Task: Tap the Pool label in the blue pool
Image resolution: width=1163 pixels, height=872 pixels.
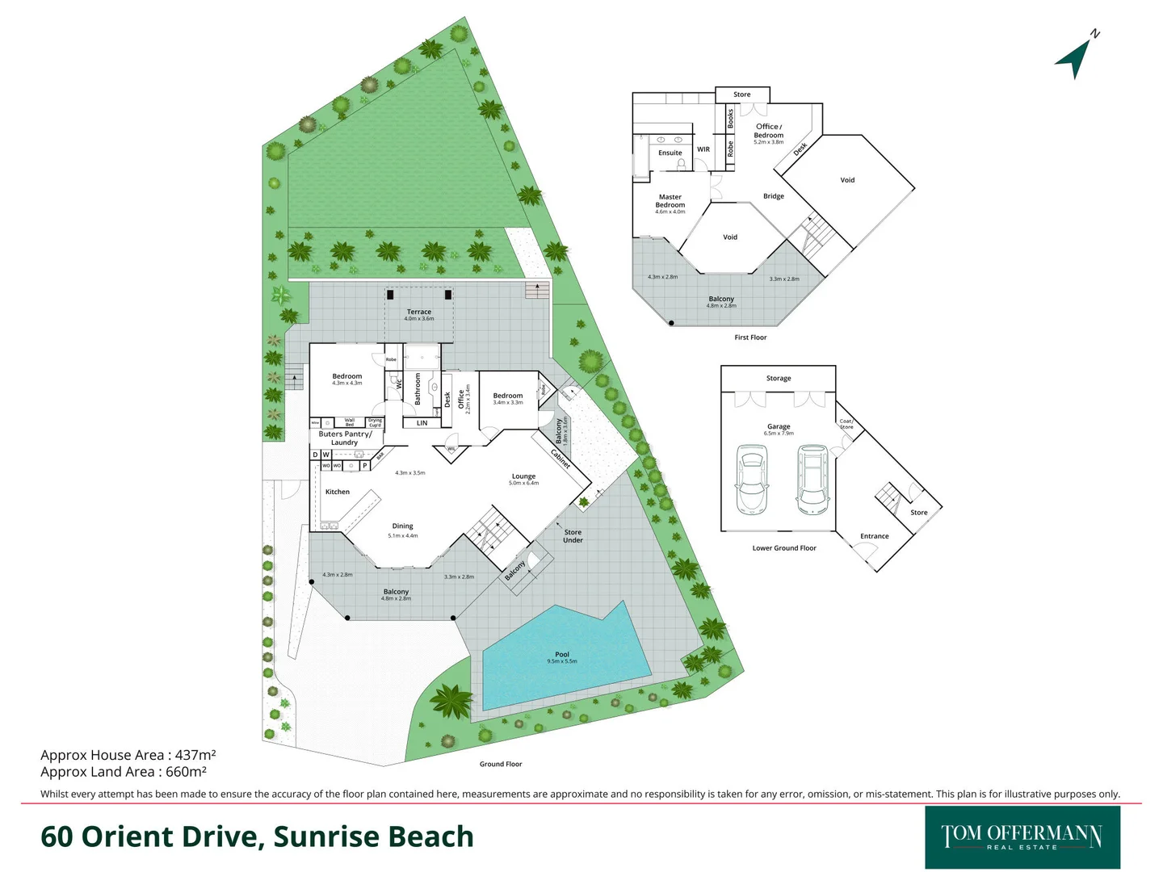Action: coord(562,655)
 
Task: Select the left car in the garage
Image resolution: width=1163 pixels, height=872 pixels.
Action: coord(751,481)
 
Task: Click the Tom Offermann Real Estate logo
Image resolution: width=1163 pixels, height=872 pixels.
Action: coord(1022,836)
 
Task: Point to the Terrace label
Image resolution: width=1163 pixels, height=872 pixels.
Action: coord(419,312)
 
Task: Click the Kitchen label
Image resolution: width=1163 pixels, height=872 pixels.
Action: coord(338,492)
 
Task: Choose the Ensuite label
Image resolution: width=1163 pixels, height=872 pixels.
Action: coord(670,153)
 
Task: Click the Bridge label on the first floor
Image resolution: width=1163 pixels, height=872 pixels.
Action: coord(774,196)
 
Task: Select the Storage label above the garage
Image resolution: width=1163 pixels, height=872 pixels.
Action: coord(779,378)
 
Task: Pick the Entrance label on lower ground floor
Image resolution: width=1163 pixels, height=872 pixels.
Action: coord(874,536)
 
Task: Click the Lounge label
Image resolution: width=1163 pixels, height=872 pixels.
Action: coord(523,476)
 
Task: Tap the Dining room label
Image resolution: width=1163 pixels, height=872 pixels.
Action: coord(402,526)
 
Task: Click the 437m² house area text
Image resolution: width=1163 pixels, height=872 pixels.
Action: coord(195,756)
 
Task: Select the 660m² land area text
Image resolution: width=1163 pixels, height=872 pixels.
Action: coord(186,772)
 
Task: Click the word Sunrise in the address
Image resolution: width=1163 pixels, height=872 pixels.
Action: coord(325,836)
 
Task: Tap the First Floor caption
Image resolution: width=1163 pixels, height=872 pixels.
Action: coord(750,337)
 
